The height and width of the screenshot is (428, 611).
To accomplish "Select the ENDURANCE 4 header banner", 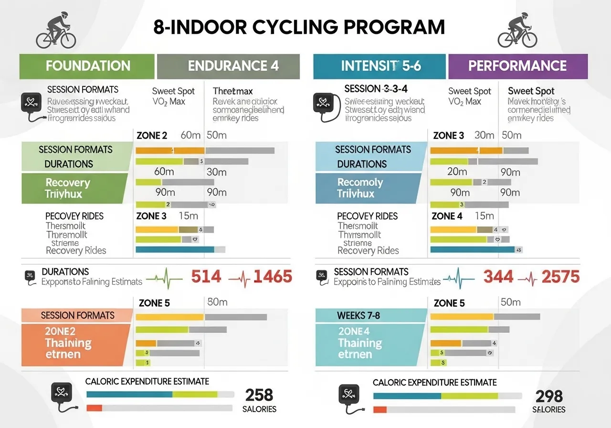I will (228, 66).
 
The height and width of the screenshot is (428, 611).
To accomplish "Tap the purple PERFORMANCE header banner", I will (518, 66).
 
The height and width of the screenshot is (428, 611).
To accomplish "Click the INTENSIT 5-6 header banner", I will (379, 66).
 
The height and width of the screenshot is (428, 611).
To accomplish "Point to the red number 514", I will (206, 277).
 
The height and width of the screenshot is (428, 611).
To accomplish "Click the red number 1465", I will (273, 277).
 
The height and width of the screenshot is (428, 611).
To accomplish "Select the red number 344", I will (498, 277).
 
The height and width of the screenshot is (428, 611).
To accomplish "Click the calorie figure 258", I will (259, 395).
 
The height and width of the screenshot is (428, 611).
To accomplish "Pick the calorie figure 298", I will (549, 396).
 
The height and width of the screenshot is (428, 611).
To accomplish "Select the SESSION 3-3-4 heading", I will (376, 89).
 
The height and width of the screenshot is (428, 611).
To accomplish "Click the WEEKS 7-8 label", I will (358, 315).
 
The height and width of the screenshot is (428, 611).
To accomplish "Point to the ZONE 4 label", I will (447, 216).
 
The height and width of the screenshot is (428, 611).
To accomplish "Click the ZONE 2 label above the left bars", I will (152, 136).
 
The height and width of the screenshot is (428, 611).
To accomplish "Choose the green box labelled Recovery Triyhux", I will (72, 188).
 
